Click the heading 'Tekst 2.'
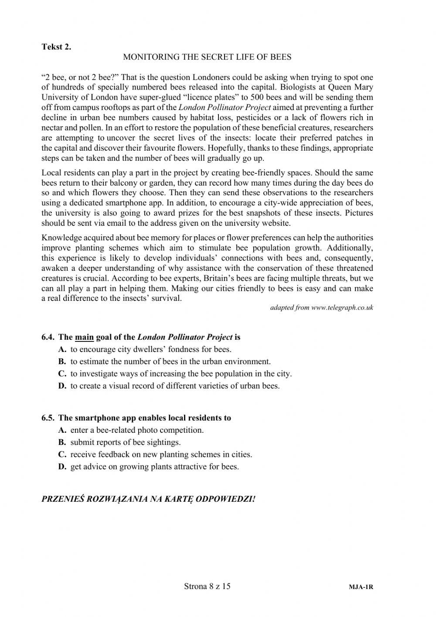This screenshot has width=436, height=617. point(56,47)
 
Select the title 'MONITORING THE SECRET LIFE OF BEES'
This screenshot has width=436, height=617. point(207,57)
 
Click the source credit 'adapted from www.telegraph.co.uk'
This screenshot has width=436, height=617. point(321,307)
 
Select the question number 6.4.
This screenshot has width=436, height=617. point(48,337)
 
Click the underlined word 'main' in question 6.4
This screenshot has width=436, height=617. point(85,337)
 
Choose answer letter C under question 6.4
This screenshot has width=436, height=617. point(62,374)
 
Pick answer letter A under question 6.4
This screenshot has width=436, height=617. point(62,349)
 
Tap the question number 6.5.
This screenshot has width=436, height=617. point(48,418)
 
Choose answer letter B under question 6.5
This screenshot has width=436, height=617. point(62,442)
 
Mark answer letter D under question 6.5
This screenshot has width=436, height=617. point(62,467)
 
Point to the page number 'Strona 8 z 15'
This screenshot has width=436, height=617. point(207,586)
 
